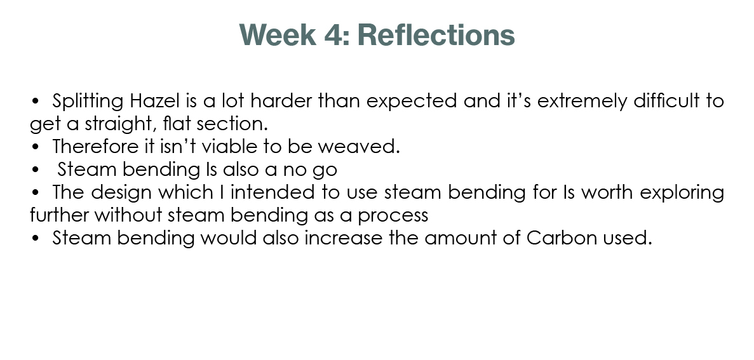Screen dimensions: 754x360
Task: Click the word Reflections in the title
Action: point(436,35)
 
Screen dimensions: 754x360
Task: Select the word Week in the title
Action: point(278,35)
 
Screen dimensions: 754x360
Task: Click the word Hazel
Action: point(154,101)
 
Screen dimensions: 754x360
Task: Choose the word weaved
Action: point(359,146)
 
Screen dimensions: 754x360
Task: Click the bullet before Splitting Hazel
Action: point(35,102)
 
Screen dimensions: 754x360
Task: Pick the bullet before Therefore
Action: point(35,147)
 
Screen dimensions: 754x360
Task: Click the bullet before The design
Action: point(35,192)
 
